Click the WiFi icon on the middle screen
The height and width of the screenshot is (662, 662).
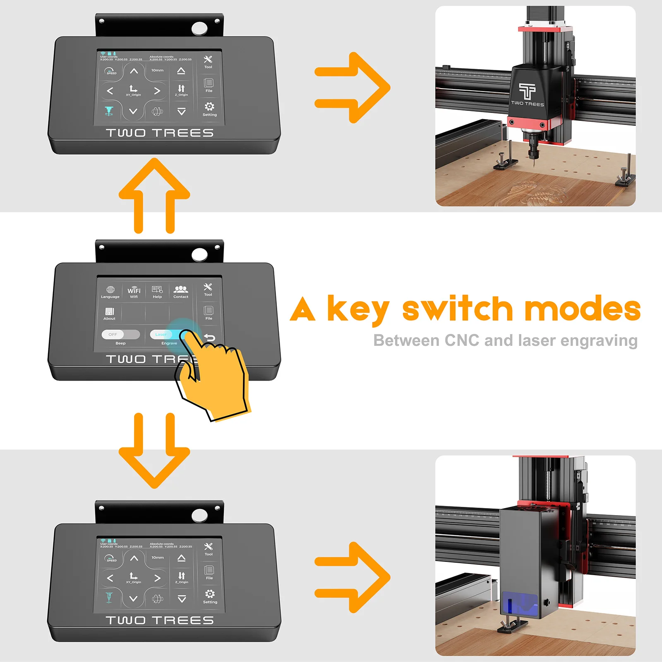click(134, 290)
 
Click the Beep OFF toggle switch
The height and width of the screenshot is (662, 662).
click(120, 334)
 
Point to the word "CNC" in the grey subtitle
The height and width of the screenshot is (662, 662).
click(462, 341)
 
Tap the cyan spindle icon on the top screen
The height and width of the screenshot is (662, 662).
click(109, 111)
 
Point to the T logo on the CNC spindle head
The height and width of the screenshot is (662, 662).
click(527, 91)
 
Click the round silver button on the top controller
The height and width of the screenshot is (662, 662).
click(199, 29)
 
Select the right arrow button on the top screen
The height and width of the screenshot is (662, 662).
click(157, 91)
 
